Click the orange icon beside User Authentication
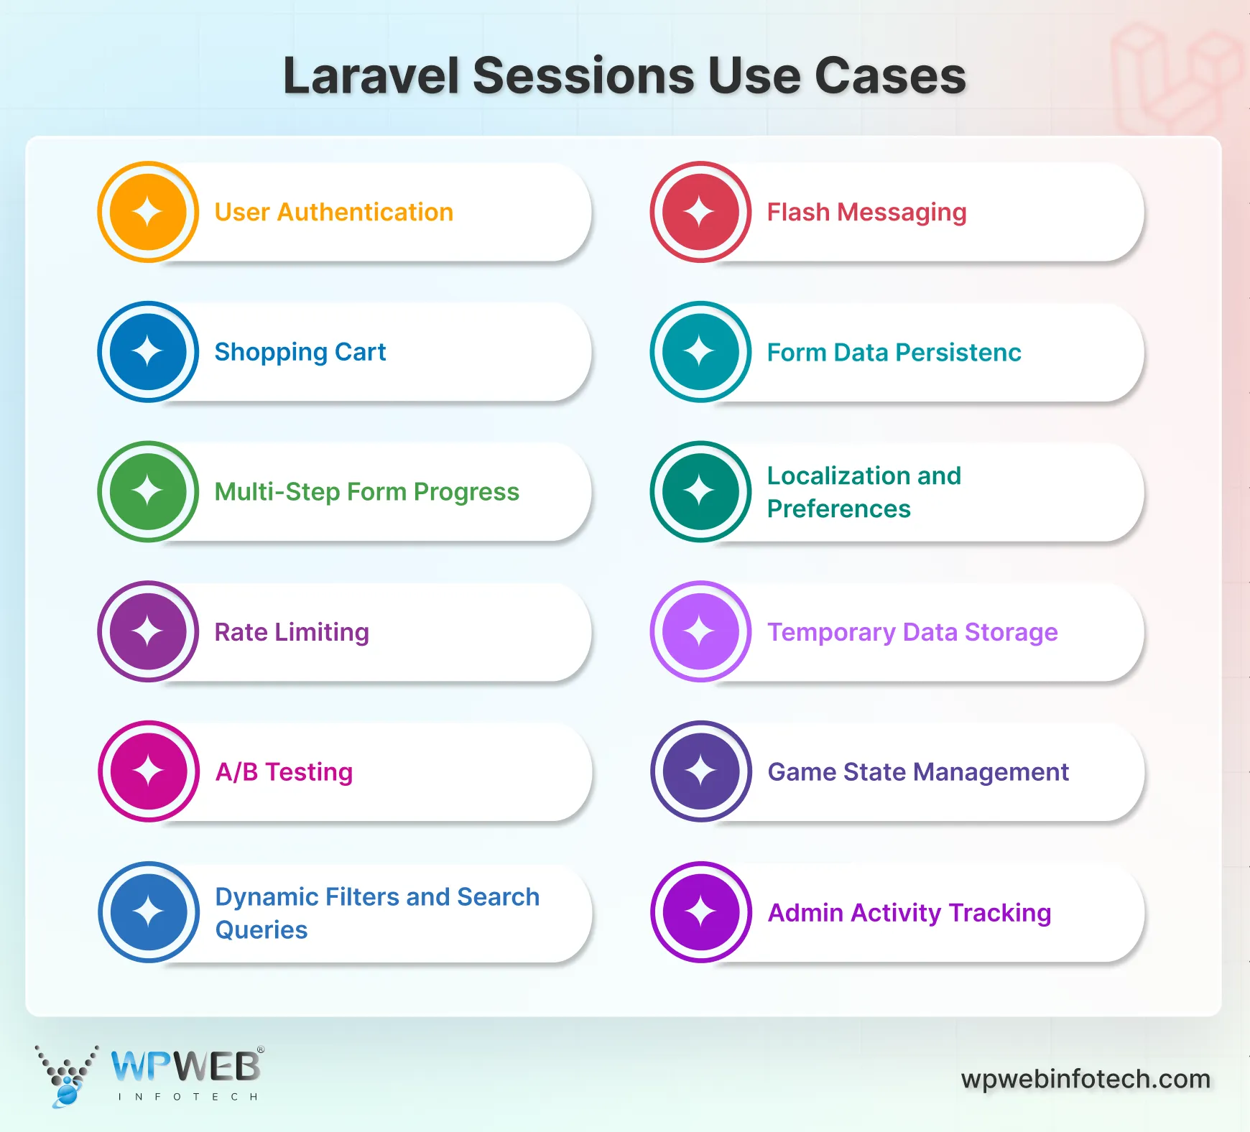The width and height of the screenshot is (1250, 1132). pyautogui.click(x=148, y=212)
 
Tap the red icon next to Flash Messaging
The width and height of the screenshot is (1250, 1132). pyautogui.click(x=700, y=212)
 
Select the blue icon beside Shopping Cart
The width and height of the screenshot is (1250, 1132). pyautogui.click(x=148, y=352)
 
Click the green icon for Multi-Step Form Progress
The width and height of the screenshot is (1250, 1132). pyautogui.click(x=148, y=491)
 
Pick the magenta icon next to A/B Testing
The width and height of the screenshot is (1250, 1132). pyautogui.click(x=149, y=771)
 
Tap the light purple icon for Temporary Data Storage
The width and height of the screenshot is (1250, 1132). pyautogui.click(x=700, y=631)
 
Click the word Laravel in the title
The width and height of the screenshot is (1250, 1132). pyautogui.click(x=371, y=75)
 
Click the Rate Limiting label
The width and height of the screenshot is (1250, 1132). pyautogui.click(x=292, y=632)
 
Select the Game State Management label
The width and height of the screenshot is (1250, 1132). pyautogui.click(x=918, y=772)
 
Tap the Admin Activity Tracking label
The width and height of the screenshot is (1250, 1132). pyautogui.click(x=909, y=913)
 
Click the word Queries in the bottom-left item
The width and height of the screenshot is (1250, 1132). pyautogui.click(x=261, y=930)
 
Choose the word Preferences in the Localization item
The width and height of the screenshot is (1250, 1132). pyautogui.click(x=839, y=509)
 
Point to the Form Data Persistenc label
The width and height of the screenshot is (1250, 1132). pyautogui.click(x=894, y=353)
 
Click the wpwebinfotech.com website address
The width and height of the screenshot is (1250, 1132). pyautogui.click(x=1085, y=1079)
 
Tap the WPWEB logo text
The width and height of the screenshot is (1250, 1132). pyautogui.click(x=186, y=1067)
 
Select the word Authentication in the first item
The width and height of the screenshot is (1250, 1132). pyautogui.click(x=365, y=213)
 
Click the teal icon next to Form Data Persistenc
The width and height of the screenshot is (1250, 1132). pyautogui.click(x=700, y=352)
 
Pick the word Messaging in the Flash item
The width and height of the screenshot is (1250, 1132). pyautogui.click(x=902, y=213)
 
